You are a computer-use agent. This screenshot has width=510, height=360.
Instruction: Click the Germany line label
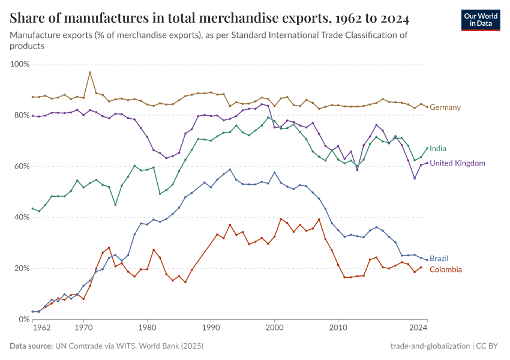click(445, 107)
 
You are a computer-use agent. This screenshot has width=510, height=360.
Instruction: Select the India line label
click(438, 148)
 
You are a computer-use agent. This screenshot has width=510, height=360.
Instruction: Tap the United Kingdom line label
click(457, 163)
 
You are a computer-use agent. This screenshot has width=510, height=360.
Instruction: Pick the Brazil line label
click(439, 259)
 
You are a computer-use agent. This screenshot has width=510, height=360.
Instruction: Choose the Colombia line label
click(446, 269)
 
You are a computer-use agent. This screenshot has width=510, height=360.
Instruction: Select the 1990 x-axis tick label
click(211, 328)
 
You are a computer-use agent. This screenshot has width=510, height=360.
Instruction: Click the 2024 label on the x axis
click(418, 328)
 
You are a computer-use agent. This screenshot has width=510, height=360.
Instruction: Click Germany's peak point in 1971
click(90, 73)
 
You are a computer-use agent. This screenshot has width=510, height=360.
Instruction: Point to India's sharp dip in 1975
click(115, 205)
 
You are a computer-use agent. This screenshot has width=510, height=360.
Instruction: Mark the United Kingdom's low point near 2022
click(414, 178)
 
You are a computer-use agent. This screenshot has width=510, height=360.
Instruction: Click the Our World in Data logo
click(480, 20)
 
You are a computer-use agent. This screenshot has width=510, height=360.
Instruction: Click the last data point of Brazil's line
click(427, 259)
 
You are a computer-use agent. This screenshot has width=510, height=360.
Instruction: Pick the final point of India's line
click(427, 148)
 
